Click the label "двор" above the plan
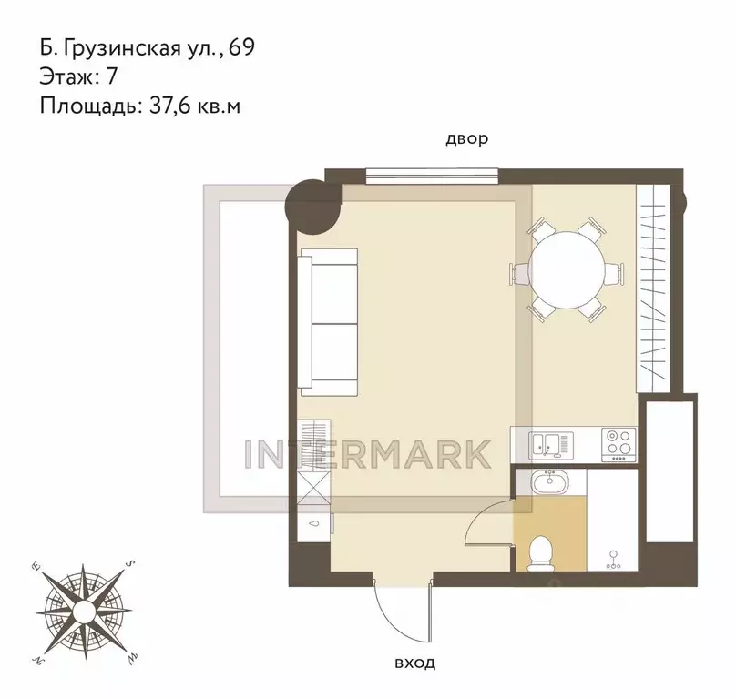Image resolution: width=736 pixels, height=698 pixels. point(466,139)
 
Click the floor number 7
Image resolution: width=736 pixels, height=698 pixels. point(112,76)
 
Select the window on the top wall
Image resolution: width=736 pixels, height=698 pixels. point(432,176)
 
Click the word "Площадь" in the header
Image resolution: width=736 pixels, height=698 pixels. point(87,106)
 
